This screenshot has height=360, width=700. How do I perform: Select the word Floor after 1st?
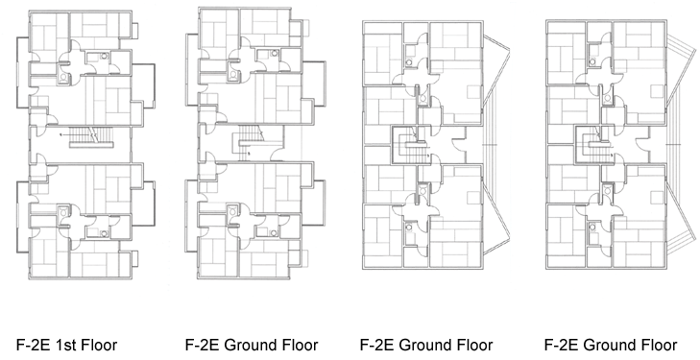coord(98,345)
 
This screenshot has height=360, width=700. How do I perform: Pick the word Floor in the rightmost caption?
coord(659,345)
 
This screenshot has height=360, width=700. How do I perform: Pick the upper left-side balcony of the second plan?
coord(192,69)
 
